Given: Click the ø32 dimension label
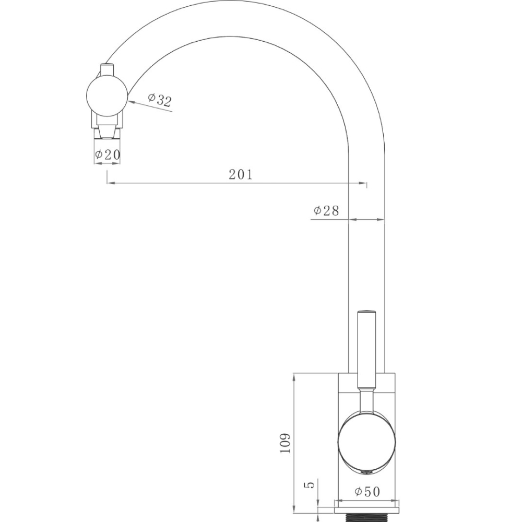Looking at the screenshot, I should [159, 100].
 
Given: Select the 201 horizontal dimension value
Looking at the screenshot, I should [241, 174].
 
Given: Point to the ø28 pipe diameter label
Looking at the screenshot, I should [326, 211].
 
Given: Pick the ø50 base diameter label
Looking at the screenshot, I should [367, 492].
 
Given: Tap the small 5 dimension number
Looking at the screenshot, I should [310, 485].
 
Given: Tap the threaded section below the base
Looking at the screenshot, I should [368, 517].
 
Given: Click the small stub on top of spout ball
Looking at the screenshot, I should [107, 68].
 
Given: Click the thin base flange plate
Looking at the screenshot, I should [368, 504].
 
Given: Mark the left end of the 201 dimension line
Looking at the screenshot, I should [108, 184].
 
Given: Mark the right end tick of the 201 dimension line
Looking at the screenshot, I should [366, 184].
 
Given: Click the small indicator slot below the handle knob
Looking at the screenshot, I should [366, 472].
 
